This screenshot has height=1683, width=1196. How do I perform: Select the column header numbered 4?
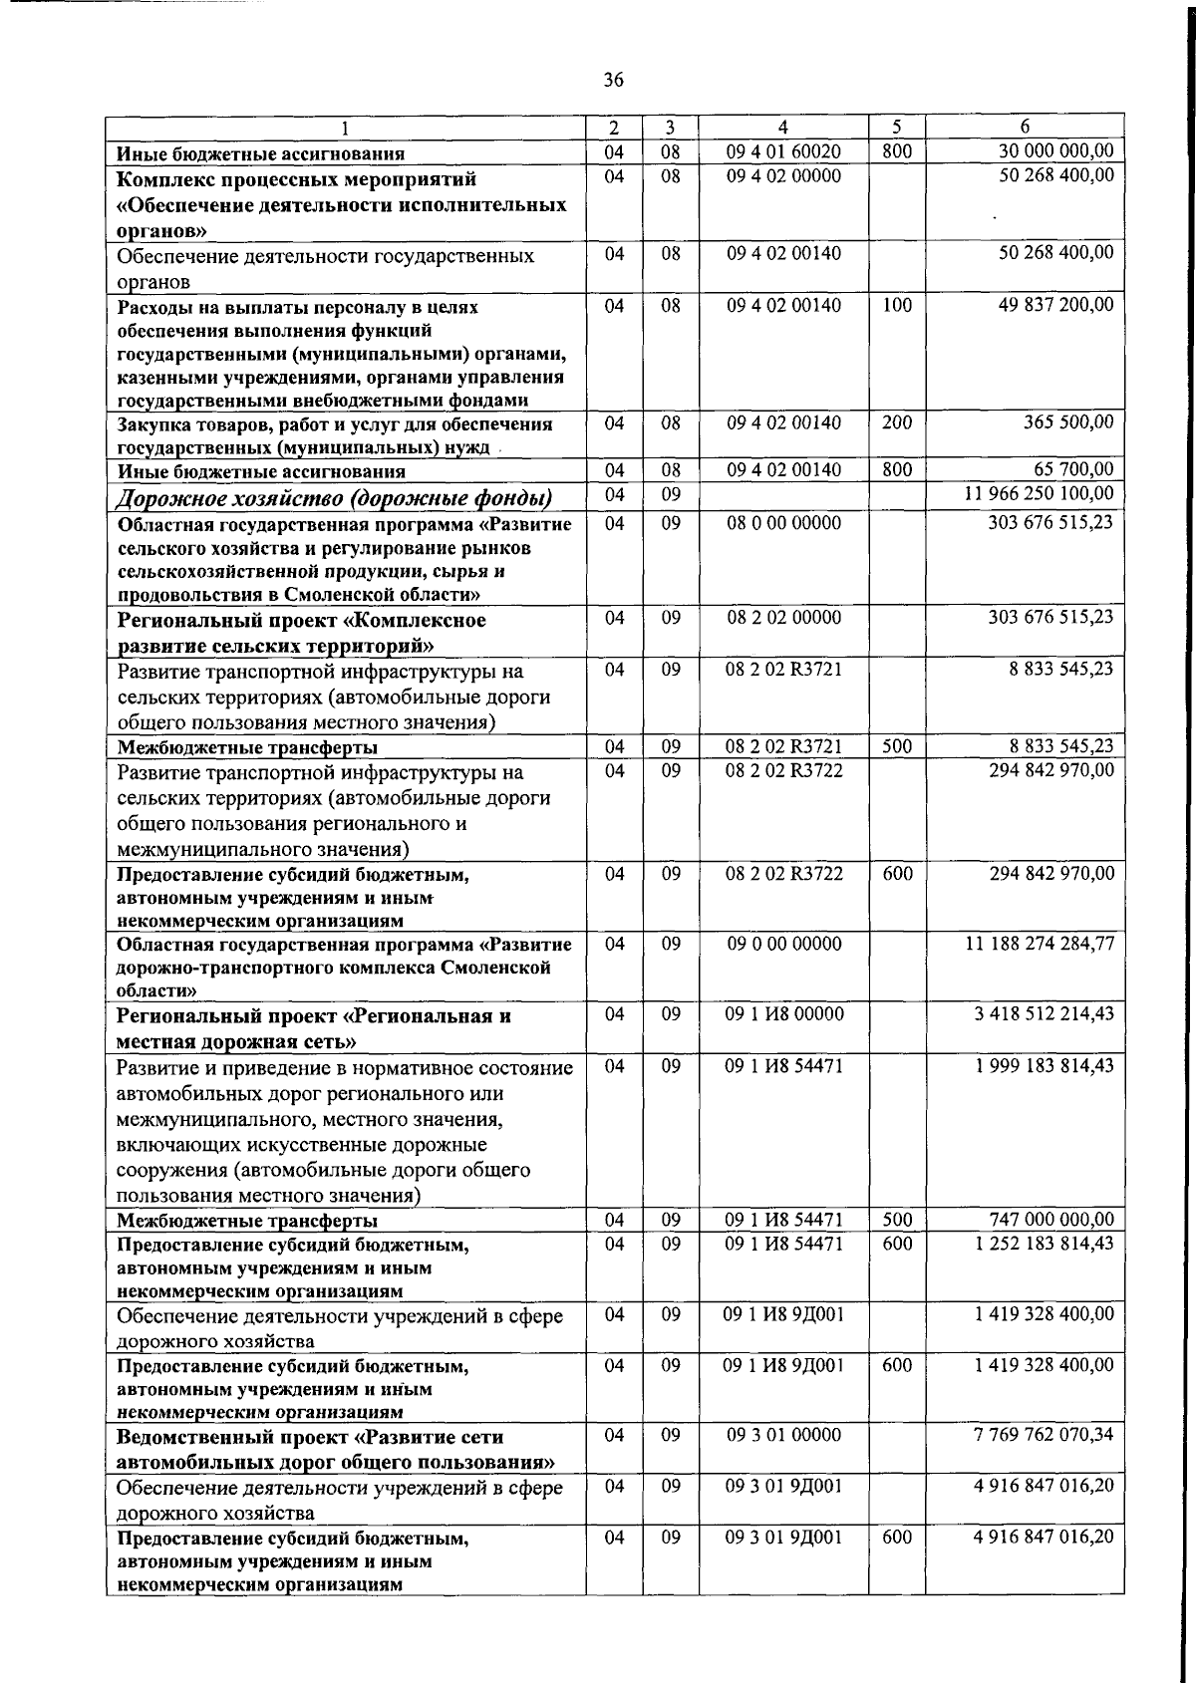point(783,128)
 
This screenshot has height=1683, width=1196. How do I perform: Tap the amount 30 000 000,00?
point(1055,151)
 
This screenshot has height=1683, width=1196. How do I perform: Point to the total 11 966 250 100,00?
point(1040,494)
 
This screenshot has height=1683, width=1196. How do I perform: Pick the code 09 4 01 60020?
point(783,151)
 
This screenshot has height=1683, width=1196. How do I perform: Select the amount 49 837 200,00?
point(1055,305)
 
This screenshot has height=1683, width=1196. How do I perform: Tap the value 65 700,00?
point(1073,469)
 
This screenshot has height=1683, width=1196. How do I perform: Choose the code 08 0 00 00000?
point(783,522)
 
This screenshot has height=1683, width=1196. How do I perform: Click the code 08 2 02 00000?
point(783,618)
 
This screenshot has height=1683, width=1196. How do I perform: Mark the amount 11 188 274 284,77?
point(1040,943)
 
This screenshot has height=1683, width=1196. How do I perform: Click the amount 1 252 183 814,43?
point(1044,1243)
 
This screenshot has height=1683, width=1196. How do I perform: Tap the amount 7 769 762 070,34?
point(1044,1435)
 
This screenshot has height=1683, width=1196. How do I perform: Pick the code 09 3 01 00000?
point(783,1435)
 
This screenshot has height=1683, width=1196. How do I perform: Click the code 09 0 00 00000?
point(783,943)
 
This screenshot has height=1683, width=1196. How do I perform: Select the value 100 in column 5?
point(897,305)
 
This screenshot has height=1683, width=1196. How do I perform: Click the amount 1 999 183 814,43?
point(1044,1065)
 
